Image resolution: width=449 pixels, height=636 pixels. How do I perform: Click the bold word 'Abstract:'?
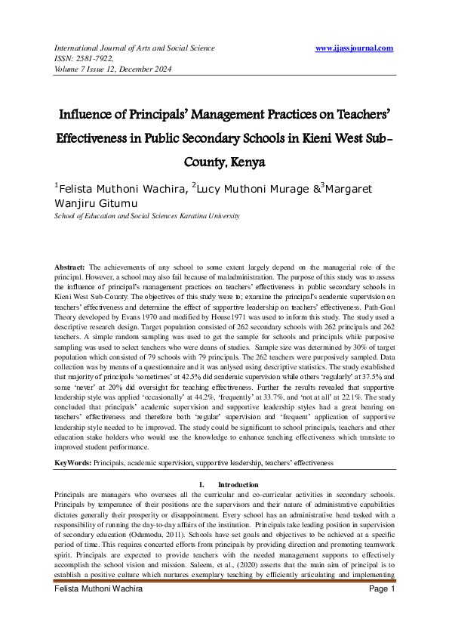click(70, 268)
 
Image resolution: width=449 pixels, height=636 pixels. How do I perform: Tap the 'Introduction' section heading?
click(238, 484)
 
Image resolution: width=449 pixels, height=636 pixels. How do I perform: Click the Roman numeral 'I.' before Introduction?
click(202, 484)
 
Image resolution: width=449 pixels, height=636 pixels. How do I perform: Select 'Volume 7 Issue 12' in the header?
click(78, 69)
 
